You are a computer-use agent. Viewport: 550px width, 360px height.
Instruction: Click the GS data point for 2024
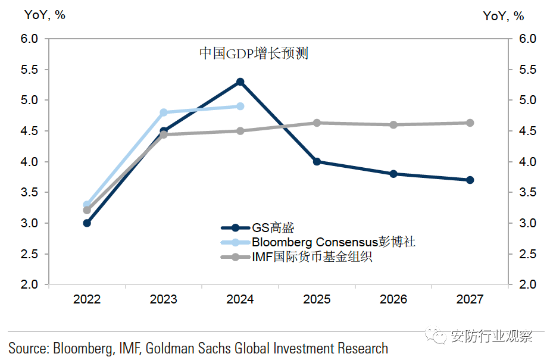pyautogui.click(x=240, y=82)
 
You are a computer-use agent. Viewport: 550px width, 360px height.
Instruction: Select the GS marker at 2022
pyautogui.click(x=87, y=223)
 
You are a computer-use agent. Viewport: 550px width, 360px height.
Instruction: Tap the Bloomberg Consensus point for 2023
pyautogui.click(x=164, y=112)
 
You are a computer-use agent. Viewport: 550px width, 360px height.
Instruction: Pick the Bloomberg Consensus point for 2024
pyautogui.click(x=240, y=106)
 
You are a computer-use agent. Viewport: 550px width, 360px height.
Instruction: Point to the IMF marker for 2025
pyautogui.click(x=317, y=123)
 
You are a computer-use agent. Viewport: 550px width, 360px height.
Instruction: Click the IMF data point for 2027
pyautogui.click(x=470, y=123)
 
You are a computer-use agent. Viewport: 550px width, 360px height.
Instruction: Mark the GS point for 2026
pyautogui.click(x=393, y=174)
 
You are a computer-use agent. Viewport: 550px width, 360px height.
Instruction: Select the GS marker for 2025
pyautogui.click(x=317, y=161)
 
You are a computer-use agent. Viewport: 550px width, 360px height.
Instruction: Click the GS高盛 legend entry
pyautogui.click(x=273, y=227)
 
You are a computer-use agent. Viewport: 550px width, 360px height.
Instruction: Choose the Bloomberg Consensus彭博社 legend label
pyautogui.click(x=333, y=242)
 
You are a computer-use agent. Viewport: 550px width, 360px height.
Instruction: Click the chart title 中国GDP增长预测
pyautogui.click(x=253, y=54)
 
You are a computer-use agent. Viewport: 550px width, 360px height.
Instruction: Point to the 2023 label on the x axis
pyautogui.click(x=164, y=299)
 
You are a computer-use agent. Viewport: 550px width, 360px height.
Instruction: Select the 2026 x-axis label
pyautogui.click(x=393, y=299)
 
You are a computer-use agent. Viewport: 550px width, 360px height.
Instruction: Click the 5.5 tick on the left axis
pyautogui.click(x=29, y=70)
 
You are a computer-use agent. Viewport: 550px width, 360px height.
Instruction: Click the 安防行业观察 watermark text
pyautogui.click(x=492, y=336)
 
